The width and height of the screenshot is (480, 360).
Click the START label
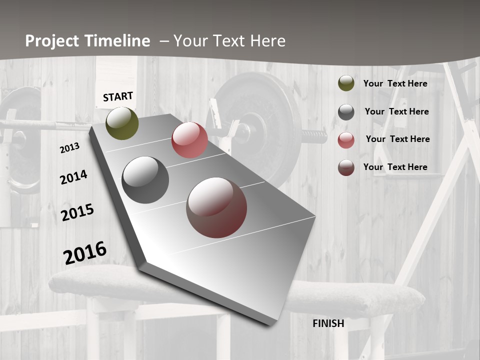click(x=118, y=96)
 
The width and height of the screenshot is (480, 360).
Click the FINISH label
click(x=328, y=323)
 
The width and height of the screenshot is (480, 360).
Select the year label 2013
click(x=69, y=148)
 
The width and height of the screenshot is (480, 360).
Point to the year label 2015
click(x=77, y=212)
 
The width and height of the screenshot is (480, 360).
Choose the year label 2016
click(x=85, y=252)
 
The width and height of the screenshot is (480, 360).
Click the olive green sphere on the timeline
click(x=122, y=123)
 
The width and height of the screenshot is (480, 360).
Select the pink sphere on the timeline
click(x=189, y=140)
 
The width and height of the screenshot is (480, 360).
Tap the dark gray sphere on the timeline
click(x=145, y=180)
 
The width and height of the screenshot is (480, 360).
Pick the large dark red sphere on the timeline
click(x=216, y=207)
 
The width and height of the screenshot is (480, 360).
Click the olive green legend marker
click(x=346, y=83)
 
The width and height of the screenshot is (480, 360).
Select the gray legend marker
click(x=346, y=112)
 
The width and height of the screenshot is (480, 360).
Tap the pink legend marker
click(x=346, y=140)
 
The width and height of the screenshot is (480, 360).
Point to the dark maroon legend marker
click(x=346, y=167)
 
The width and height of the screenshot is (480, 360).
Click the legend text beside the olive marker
click(x=395, y=83)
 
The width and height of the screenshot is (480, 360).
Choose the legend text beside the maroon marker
click(x=395, y=167)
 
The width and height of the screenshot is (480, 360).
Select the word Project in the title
click(x=52, y=41)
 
